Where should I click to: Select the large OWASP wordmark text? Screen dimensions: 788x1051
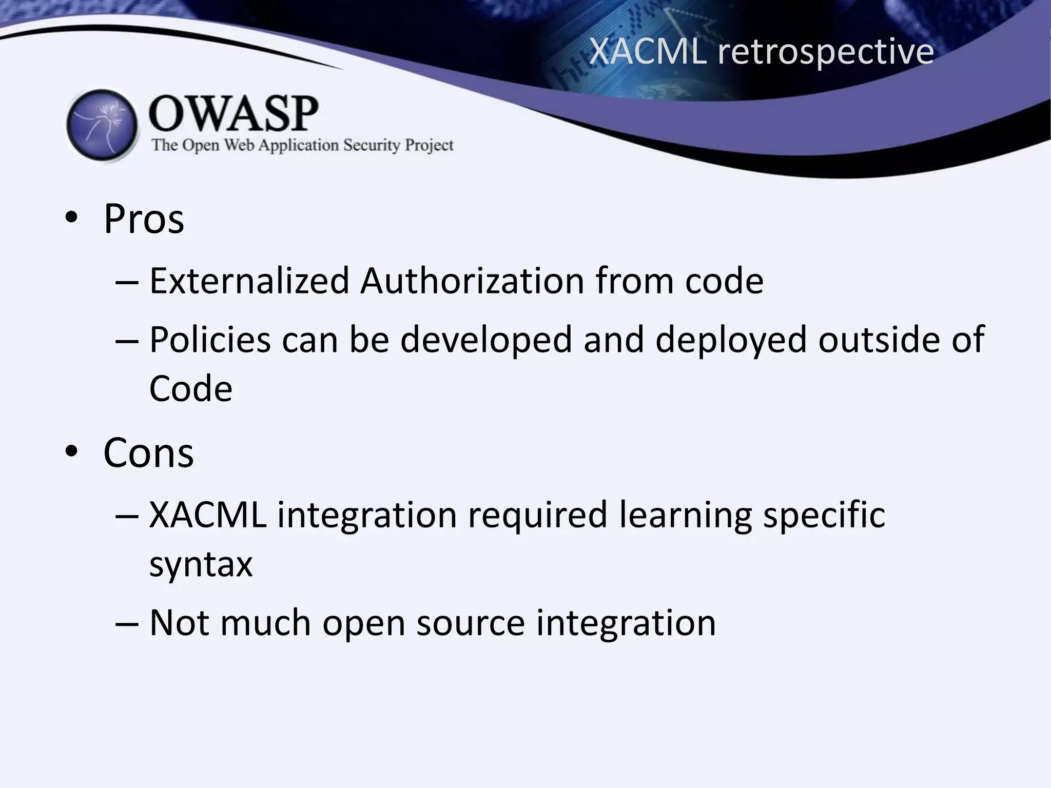point(233,114)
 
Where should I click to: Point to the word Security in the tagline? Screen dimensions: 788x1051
point(372,145)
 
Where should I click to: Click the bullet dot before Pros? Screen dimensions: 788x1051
point(71,218)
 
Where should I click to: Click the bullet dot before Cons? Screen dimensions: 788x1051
point(71,451)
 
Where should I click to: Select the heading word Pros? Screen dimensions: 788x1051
point(144,219)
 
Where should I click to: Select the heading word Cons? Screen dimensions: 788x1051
point(148,453)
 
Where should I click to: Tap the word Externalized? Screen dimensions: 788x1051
point(249,281)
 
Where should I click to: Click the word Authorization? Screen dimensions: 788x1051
point(472,281)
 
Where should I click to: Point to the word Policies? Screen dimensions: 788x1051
point(210,340)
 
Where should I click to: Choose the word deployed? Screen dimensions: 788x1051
point(731,341)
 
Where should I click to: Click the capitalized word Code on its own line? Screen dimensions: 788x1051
point(190,388)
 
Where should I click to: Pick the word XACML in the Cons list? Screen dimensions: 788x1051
point(208,515)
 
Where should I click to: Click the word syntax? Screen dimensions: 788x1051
point(201,564)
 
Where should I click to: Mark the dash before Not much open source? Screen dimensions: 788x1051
point(127,624)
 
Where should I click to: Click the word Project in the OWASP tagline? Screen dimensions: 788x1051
point(429,146)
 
